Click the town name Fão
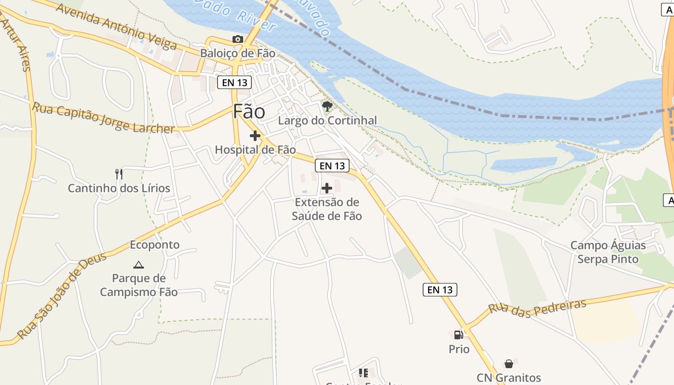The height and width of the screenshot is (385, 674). click(x=249, y=112)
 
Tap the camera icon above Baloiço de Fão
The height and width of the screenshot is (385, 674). click(x=237, y=39)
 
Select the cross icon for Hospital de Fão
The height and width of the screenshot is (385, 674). click(x=255, y=136)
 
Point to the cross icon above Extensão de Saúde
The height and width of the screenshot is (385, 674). click(x=327, y=188)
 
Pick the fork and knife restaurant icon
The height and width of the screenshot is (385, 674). click(x=119, y=174)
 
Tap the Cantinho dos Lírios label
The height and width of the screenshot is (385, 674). click(x=119, y=188)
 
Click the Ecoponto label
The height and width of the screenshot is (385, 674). click(x=155, y=245)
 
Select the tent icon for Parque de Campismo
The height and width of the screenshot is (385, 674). click(x=139, y=264)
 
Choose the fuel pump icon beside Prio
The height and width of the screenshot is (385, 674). click(x=459, y=334)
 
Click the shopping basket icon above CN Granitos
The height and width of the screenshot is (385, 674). click(x=509, y=364)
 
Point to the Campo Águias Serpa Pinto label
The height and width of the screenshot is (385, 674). click(x=608, y=252)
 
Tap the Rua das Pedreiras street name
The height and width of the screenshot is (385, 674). click(x=537, y=307)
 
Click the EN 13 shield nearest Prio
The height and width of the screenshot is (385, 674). click(x=440, y=290)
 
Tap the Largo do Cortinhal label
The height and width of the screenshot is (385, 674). click(x=327, y=120)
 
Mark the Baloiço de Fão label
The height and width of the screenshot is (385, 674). click(x=238, y=53)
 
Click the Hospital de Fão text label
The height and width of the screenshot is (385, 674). click(x=255, y=150)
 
